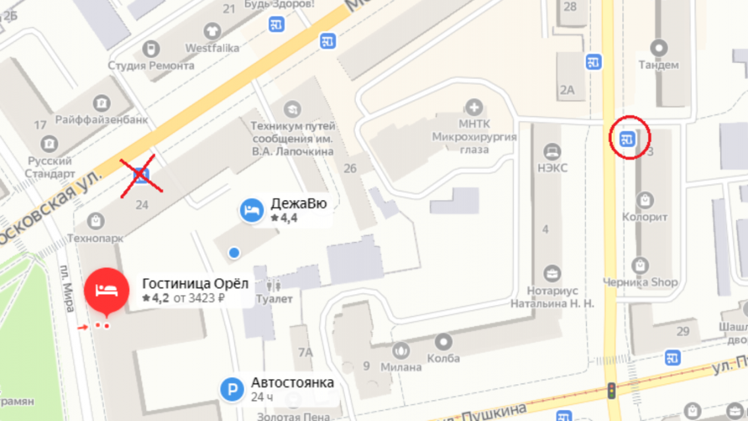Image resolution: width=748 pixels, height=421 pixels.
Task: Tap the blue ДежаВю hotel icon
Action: point(251,210)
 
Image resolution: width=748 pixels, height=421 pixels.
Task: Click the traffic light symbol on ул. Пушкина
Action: point(611,390)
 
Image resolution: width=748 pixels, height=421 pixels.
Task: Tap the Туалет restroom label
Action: point(274,299)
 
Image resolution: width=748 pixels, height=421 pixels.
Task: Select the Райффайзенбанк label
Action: point(101,120)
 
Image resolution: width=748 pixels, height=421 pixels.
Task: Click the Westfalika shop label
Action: point(212,48)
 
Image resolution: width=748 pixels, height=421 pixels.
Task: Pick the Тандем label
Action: point(659,65)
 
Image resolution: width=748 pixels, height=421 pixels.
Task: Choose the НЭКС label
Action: point(552,168)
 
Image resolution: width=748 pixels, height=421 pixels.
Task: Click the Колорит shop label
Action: point(645,216)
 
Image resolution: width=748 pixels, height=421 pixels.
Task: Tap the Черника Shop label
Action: point(640,282)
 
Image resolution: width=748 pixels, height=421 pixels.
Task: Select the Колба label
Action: point(443,358)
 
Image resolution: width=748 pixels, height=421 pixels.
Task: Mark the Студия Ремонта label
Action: point(151,65)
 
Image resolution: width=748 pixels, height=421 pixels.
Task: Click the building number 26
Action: point(350,168)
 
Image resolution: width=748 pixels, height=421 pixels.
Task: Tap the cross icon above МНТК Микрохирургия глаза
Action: point(474,107)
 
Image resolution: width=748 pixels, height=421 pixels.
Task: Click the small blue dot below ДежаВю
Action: point(234,253)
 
